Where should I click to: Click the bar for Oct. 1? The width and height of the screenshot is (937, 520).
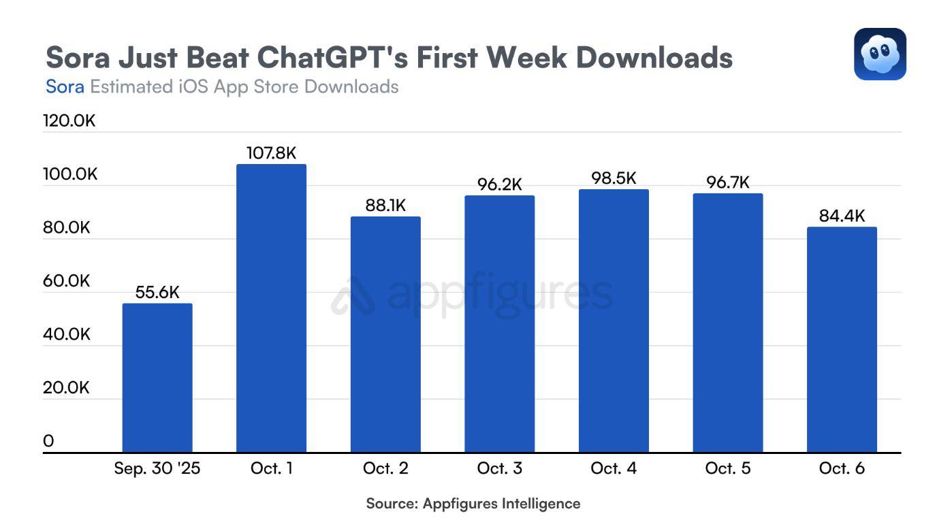click(271, 308)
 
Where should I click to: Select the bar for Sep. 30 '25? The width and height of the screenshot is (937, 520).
click(157, 378)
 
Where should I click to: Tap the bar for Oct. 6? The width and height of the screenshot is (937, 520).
click(842, 340)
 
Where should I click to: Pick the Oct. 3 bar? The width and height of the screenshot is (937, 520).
click(499, 324)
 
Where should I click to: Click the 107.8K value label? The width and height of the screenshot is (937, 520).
click(271, 153)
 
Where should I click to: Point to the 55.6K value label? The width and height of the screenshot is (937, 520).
click(157, 293)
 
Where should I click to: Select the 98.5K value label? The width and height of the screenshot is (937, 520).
click(614, 178)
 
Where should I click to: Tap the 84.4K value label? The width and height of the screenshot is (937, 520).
click(842, 216)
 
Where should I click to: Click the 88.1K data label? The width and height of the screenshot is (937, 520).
click(385, 206)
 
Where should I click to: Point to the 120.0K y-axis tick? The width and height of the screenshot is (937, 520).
click(69, 121)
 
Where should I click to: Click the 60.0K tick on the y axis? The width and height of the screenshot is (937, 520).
click(67, 281)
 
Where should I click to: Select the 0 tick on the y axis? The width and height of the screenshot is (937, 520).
click(48, 441)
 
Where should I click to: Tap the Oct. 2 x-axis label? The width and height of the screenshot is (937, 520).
click(385, 469)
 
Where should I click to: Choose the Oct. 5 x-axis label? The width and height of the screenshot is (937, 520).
click(728, 469)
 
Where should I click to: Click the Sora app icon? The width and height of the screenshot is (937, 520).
click(880, 54)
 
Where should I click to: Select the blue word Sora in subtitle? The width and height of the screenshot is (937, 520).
click(65, 87)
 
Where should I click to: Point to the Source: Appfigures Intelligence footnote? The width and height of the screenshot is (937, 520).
click(473, 504)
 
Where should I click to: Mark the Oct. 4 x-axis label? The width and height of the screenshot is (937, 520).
click(614, 469)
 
